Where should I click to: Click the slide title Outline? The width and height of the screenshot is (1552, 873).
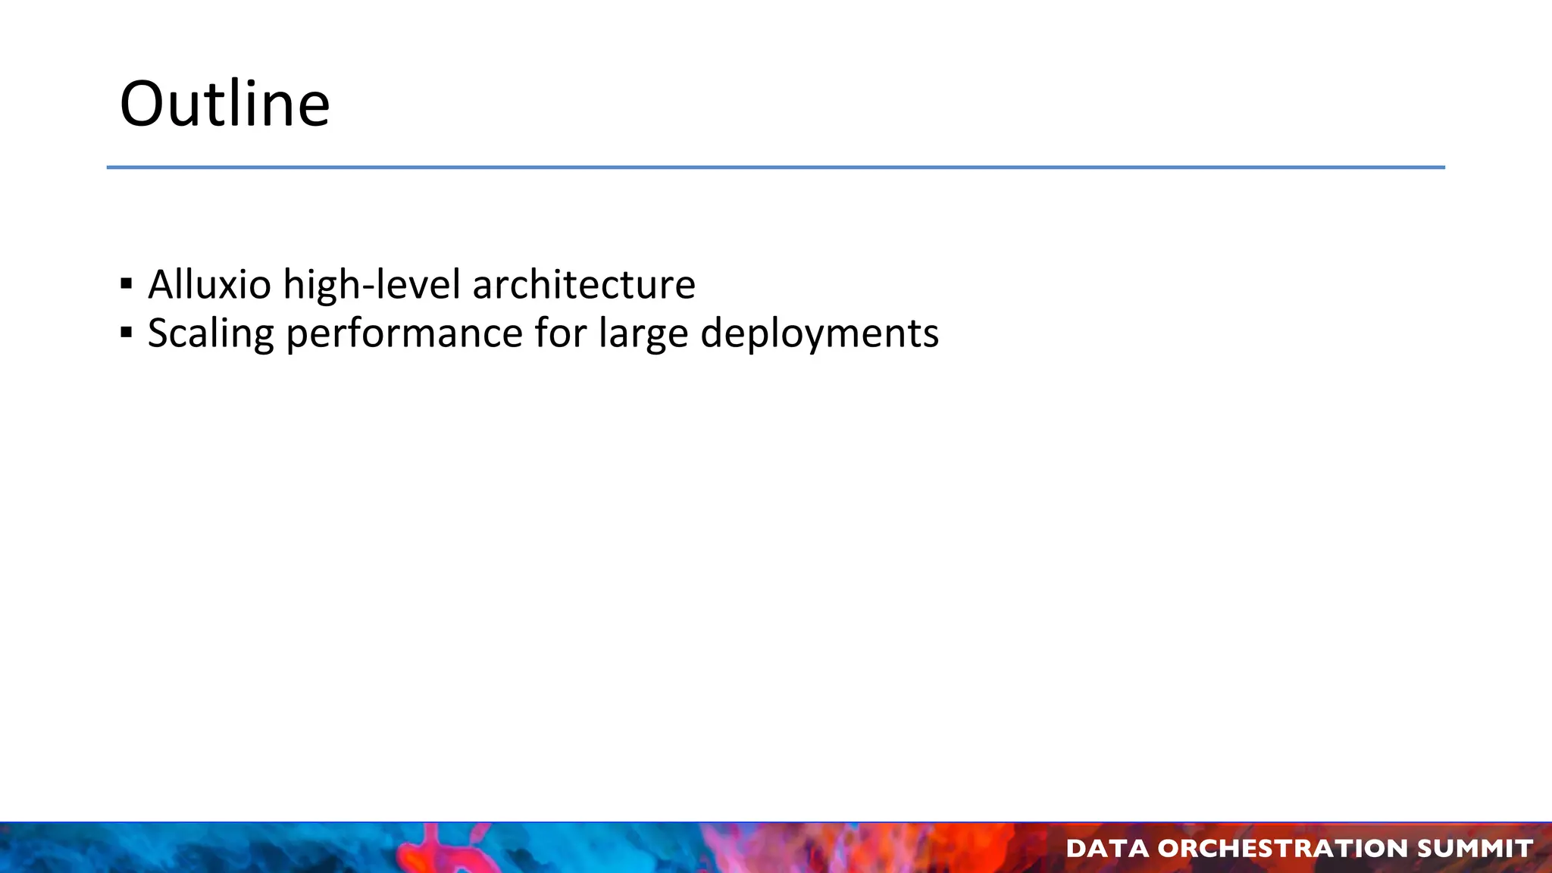point(224,104)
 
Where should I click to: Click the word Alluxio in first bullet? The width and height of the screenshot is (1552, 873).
point(209,285)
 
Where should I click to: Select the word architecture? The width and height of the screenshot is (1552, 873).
point(584,285)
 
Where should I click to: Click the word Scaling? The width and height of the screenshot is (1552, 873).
point(211,333)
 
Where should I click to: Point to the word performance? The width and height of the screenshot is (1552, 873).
point(404,333)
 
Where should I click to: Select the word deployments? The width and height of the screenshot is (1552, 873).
point(819,333)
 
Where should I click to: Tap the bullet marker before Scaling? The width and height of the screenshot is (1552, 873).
point(127,333)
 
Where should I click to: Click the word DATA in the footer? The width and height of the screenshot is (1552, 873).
point(1106,848)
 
